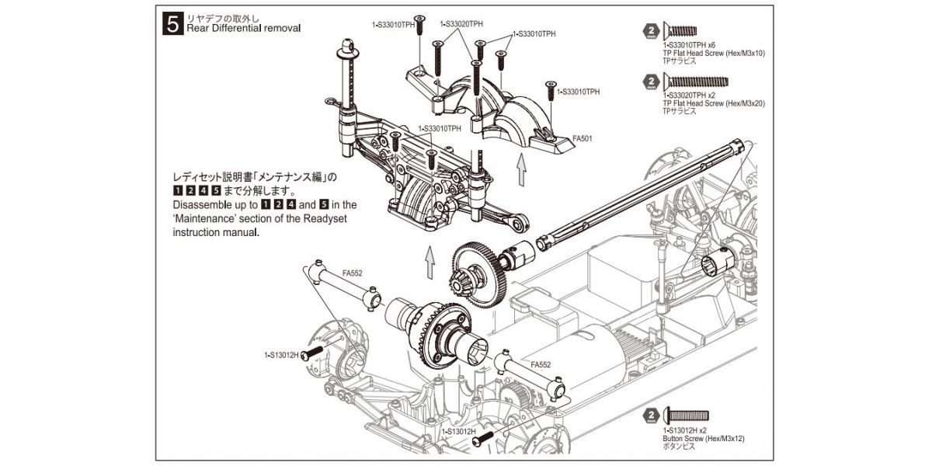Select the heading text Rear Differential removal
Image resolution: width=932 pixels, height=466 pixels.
click(243, 28)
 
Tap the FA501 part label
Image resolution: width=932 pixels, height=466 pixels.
click(583, 140)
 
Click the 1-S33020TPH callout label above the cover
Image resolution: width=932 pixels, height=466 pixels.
click(461, 24)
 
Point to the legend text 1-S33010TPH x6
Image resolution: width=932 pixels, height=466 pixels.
click(690, 45)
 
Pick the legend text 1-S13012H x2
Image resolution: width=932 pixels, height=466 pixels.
click(685, 430)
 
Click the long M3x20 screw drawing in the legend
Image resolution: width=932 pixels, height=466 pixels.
click(696, 81)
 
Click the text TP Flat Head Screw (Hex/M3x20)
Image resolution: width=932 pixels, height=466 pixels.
click(713, 103)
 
